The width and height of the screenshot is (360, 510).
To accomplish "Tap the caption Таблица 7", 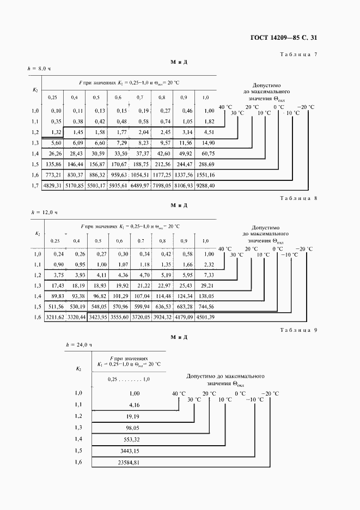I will click(298, 55).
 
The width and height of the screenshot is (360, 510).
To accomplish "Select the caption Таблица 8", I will click(298, 198).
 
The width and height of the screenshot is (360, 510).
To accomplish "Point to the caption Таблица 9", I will click(298, 330).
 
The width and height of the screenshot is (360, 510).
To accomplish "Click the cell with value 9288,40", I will click(205, 186).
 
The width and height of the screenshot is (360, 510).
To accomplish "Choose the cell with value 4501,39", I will click(205, 317).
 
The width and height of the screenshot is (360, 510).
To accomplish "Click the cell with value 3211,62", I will click(53, 317).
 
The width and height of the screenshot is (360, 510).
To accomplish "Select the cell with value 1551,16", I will click(205, 175).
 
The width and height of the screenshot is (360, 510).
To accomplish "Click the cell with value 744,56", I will click(205, 306).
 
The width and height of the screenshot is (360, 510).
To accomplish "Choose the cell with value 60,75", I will click(206, 154).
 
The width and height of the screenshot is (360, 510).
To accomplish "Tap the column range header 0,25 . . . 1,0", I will click(129, 379).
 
